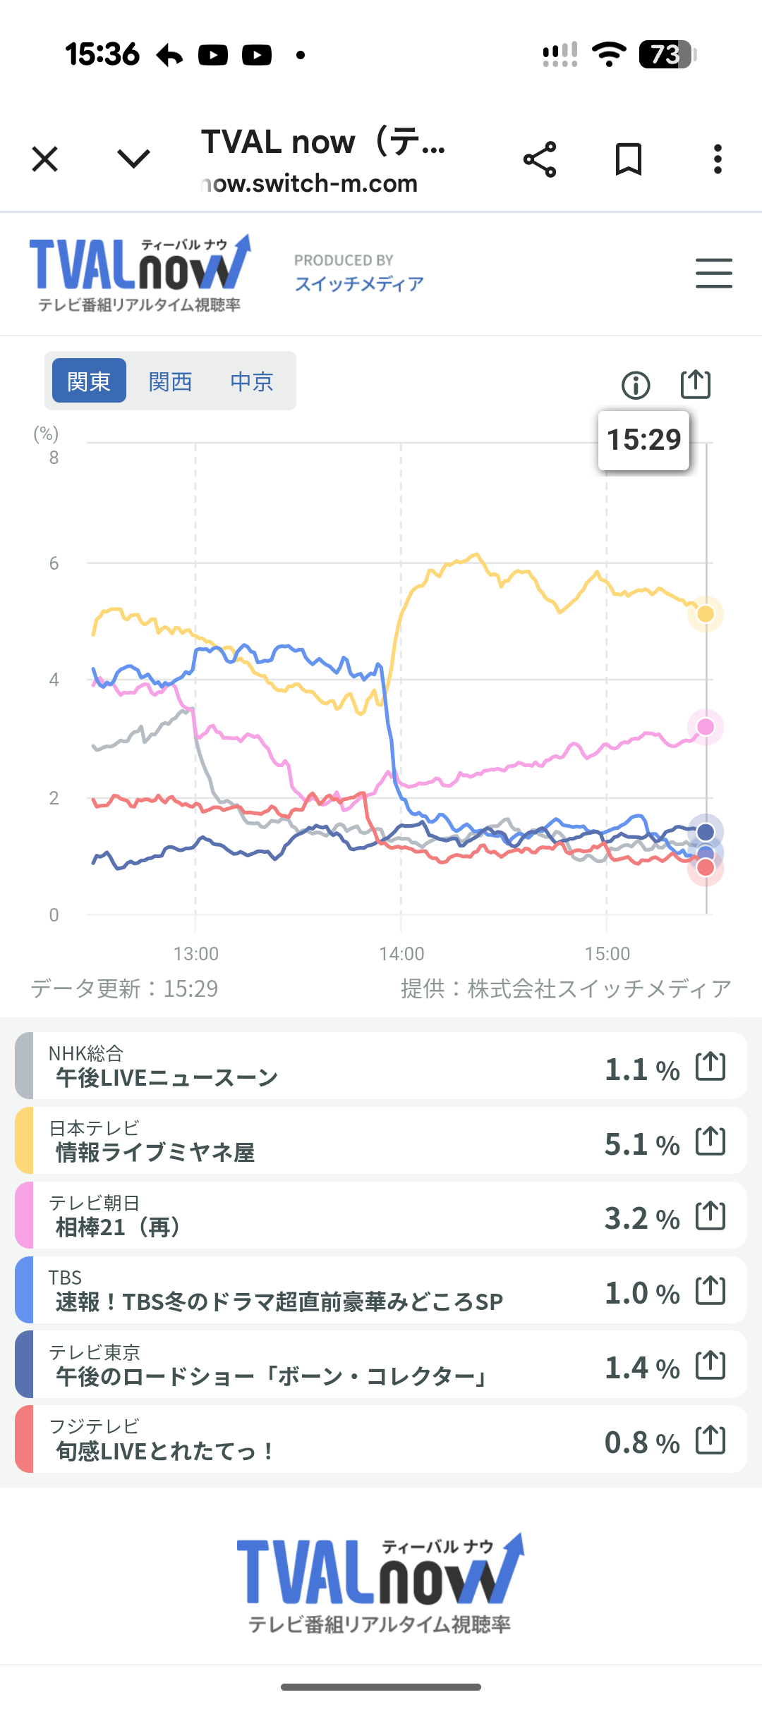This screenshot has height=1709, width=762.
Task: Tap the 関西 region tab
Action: coord(170,381)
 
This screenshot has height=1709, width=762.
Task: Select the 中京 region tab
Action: coord(251,381)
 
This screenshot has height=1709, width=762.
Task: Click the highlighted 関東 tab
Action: coord(89,381)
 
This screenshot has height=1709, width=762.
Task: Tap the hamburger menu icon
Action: coord(713,274)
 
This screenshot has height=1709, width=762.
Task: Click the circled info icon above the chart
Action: coord(635,386)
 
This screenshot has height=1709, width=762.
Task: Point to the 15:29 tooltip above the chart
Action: coord(643,440)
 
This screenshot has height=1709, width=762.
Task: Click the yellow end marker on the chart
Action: coord(706,614)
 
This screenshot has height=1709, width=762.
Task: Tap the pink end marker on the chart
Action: coord(706,727)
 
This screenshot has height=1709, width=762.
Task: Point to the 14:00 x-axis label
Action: coord(401,954)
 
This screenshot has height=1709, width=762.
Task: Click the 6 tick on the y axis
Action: coord(54,563)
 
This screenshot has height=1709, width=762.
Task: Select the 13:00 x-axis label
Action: coord(196,954)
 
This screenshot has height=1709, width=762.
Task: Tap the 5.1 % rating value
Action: coord(641,1144)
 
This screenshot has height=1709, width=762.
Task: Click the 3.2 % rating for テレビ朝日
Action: coord(641,1218)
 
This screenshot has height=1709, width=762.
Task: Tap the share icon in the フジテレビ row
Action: coord(710,1440)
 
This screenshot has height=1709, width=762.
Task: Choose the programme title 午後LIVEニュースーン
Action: coord(167,1078)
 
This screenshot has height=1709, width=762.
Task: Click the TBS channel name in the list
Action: coord(65,1278)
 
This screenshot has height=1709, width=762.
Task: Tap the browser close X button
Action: coord(45,159)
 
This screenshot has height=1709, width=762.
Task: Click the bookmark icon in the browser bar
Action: coord(628,159)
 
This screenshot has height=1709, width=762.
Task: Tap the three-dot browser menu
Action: coord(718,159)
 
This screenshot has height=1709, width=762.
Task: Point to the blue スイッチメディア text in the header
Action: coord(359,284)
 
